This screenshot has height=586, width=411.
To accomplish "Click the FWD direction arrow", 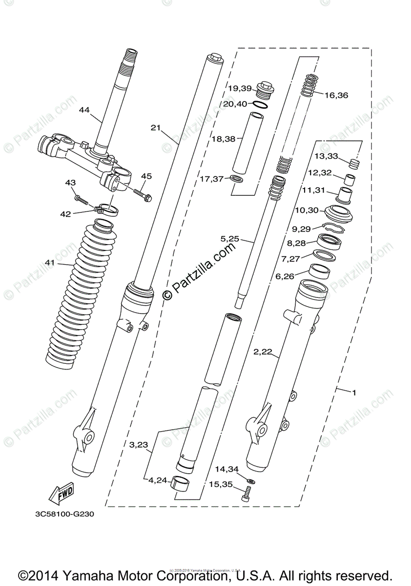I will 61,494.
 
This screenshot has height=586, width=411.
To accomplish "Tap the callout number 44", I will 84,110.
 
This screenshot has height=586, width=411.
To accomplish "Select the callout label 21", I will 156,128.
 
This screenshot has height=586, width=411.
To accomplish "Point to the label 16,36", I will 336,95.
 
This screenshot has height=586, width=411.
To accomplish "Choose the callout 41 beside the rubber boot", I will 50,263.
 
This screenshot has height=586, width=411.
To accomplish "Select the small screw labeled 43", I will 81,199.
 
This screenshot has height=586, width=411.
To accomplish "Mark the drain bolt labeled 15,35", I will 246,496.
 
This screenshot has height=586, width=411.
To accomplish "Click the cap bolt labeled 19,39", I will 265,89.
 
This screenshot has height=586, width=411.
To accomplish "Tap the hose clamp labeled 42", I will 107,210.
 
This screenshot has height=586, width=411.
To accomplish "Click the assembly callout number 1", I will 354,392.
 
